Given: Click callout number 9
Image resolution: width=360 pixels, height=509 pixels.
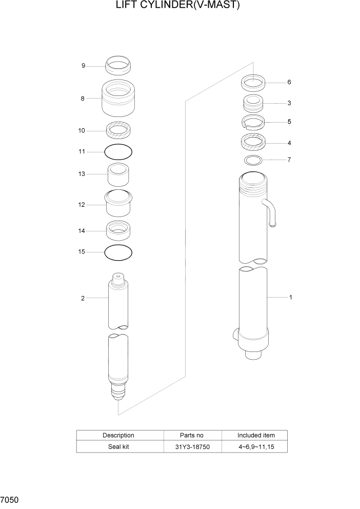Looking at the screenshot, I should pyautogui.click(x=83, y=66).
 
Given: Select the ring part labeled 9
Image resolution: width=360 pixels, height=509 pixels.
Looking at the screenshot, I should pyautogui.click(x=118, y=66).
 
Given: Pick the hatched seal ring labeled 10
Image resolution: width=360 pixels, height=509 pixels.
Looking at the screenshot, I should pyautogui.click(x=118, y=131).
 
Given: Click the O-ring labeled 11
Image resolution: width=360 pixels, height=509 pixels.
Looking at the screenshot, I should pyautogui.click(x=118, y=152).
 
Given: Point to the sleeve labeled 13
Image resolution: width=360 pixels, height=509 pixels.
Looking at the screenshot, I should pyautogui.click(x=118, y=175).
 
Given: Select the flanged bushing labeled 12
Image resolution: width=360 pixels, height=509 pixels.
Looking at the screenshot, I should pyautogui.click(x=118, y=203).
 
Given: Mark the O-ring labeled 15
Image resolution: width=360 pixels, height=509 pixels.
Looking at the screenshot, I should pyautogui.click(x=118, y=252).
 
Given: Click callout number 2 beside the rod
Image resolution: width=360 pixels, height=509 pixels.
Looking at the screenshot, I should pyautogui.click(x=83, y=298).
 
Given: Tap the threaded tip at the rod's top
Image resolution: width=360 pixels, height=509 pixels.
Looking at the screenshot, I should pyautogui.click(x=118, y=278).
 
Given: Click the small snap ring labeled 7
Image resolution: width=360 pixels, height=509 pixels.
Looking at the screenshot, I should pyautogui.click(x=253, y=160).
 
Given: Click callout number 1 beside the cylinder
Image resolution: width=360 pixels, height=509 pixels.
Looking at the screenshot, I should pyautogui.click(x=290, y=297).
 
